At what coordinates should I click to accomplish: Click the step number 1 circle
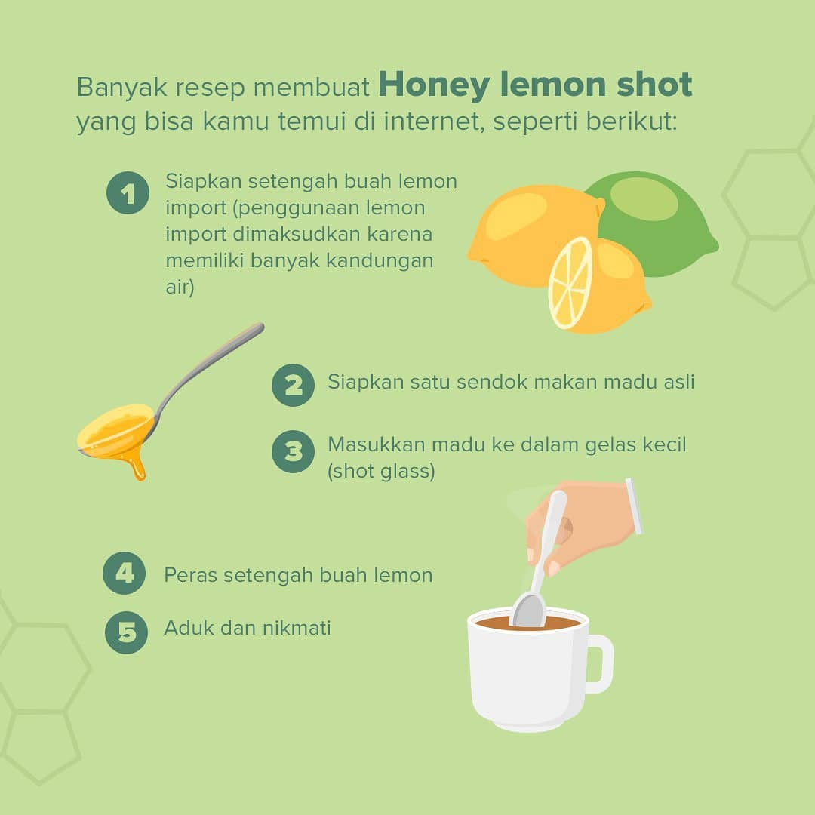[x=128, y=193]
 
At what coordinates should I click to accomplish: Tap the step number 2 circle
[x=293, y=385]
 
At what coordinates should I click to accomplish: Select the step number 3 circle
[x=293, y=451]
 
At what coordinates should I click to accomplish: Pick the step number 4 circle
[x=125, y=574]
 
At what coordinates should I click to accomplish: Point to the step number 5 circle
[x=126, y=632]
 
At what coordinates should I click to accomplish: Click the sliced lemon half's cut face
[x=570, y=283]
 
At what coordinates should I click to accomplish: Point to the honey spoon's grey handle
[x=208, y=368]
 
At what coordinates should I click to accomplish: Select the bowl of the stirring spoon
[x=528, y=610]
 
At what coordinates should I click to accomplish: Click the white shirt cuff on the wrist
[x=634, y=506]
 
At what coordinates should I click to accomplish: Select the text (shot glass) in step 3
[x=381, y=472]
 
